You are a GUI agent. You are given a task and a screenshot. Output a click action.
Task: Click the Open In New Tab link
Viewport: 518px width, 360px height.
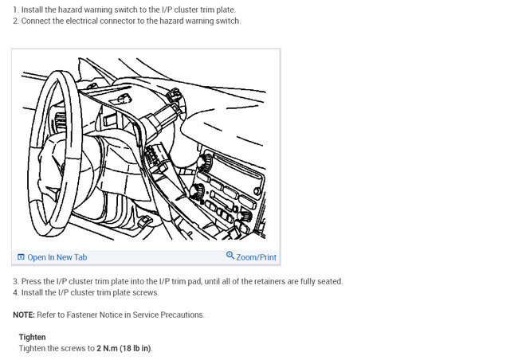coord(57,257)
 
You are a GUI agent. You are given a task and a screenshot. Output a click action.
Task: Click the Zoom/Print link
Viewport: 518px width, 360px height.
coord(256,257)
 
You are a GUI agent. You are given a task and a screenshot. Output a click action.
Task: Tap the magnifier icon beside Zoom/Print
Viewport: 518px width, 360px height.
coord(230,256)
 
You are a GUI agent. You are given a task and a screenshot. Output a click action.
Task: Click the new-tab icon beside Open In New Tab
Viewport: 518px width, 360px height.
coord(21,257)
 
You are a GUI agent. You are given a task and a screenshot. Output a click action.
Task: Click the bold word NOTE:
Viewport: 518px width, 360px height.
coord(24,315)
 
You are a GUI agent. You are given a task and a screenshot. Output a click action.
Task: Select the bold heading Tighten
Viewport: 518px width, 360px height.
coord(33,337)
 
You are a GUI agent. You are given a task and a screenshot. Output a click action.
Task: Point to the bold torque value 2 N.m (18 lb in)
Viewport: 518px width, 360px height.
coord(124,348)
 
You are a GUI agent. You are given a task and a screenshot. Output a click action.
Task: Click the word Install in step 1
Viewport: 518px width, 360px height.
coord(32,10)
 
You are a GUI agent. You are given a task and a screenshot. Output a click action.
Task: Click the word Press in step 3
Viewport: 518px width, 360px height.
coord(31,281)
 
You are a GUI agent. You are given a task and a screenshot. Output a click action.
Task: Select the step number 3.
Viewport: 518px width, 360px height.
coord(16,281)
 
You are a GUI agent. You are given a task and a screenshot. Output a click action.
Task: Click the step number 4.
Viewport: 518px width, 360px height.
coord(16,293)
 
